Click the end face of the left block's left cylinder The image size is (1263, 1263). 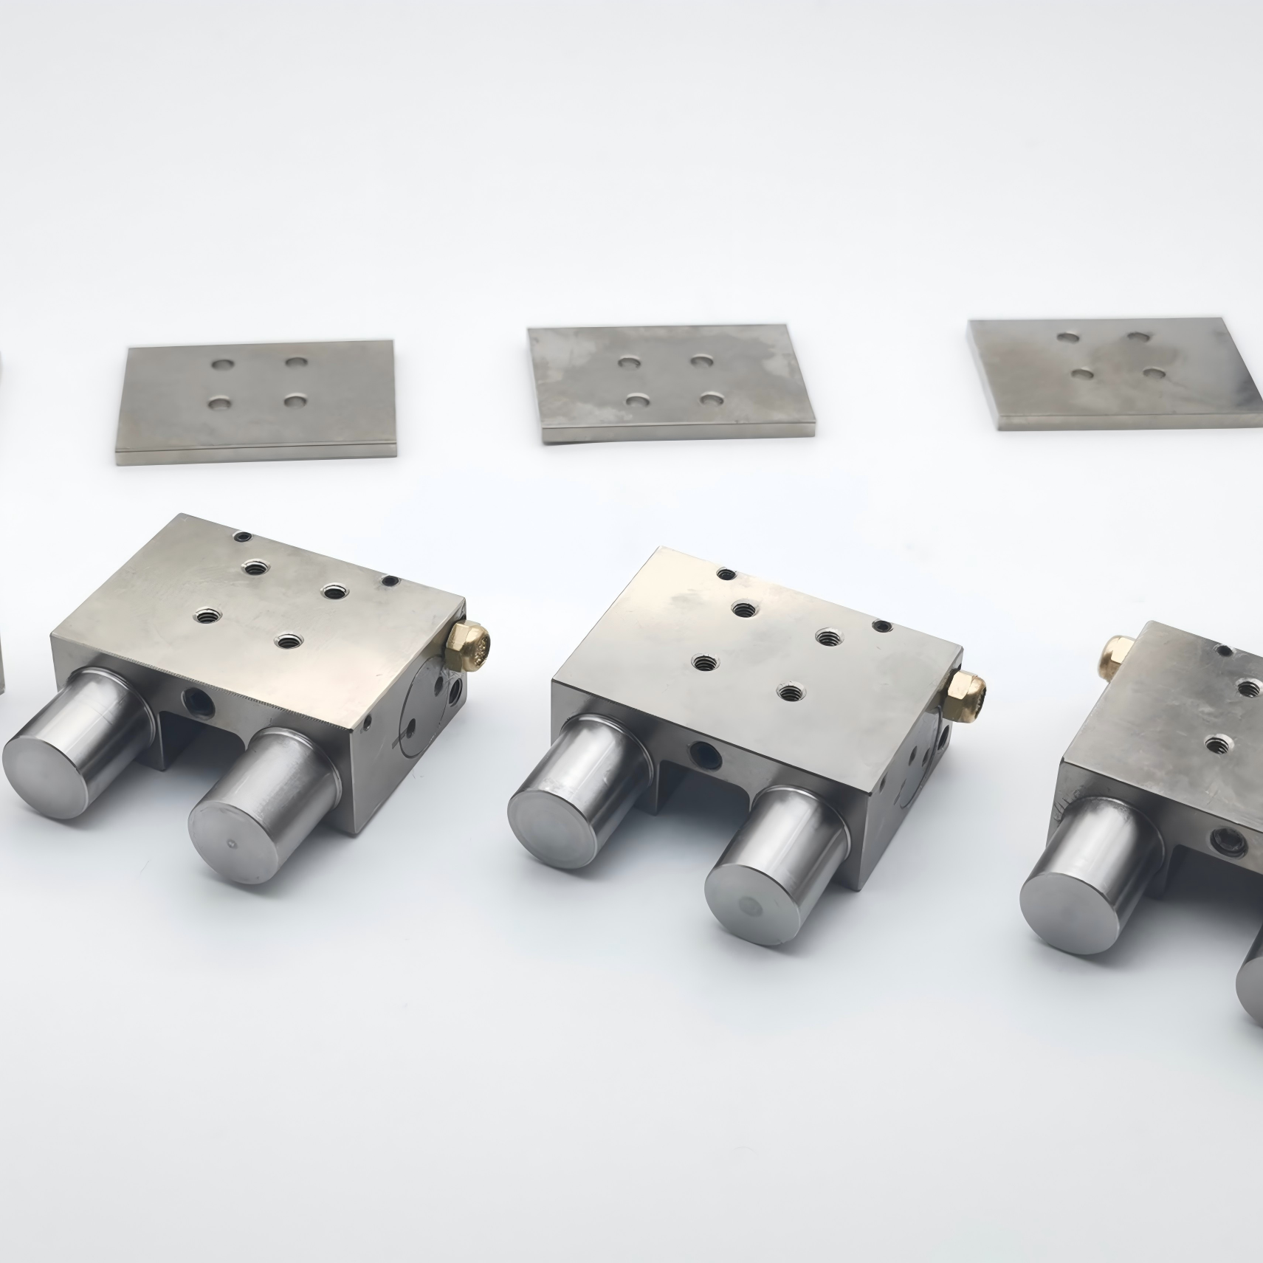(44, 776)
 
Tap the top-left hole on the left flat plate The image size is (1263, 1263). (220, 365)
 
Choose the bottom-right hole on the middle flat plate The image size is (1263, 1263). (712, 399)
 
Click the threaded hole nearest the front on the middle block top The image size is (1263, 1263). (791, 692)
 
